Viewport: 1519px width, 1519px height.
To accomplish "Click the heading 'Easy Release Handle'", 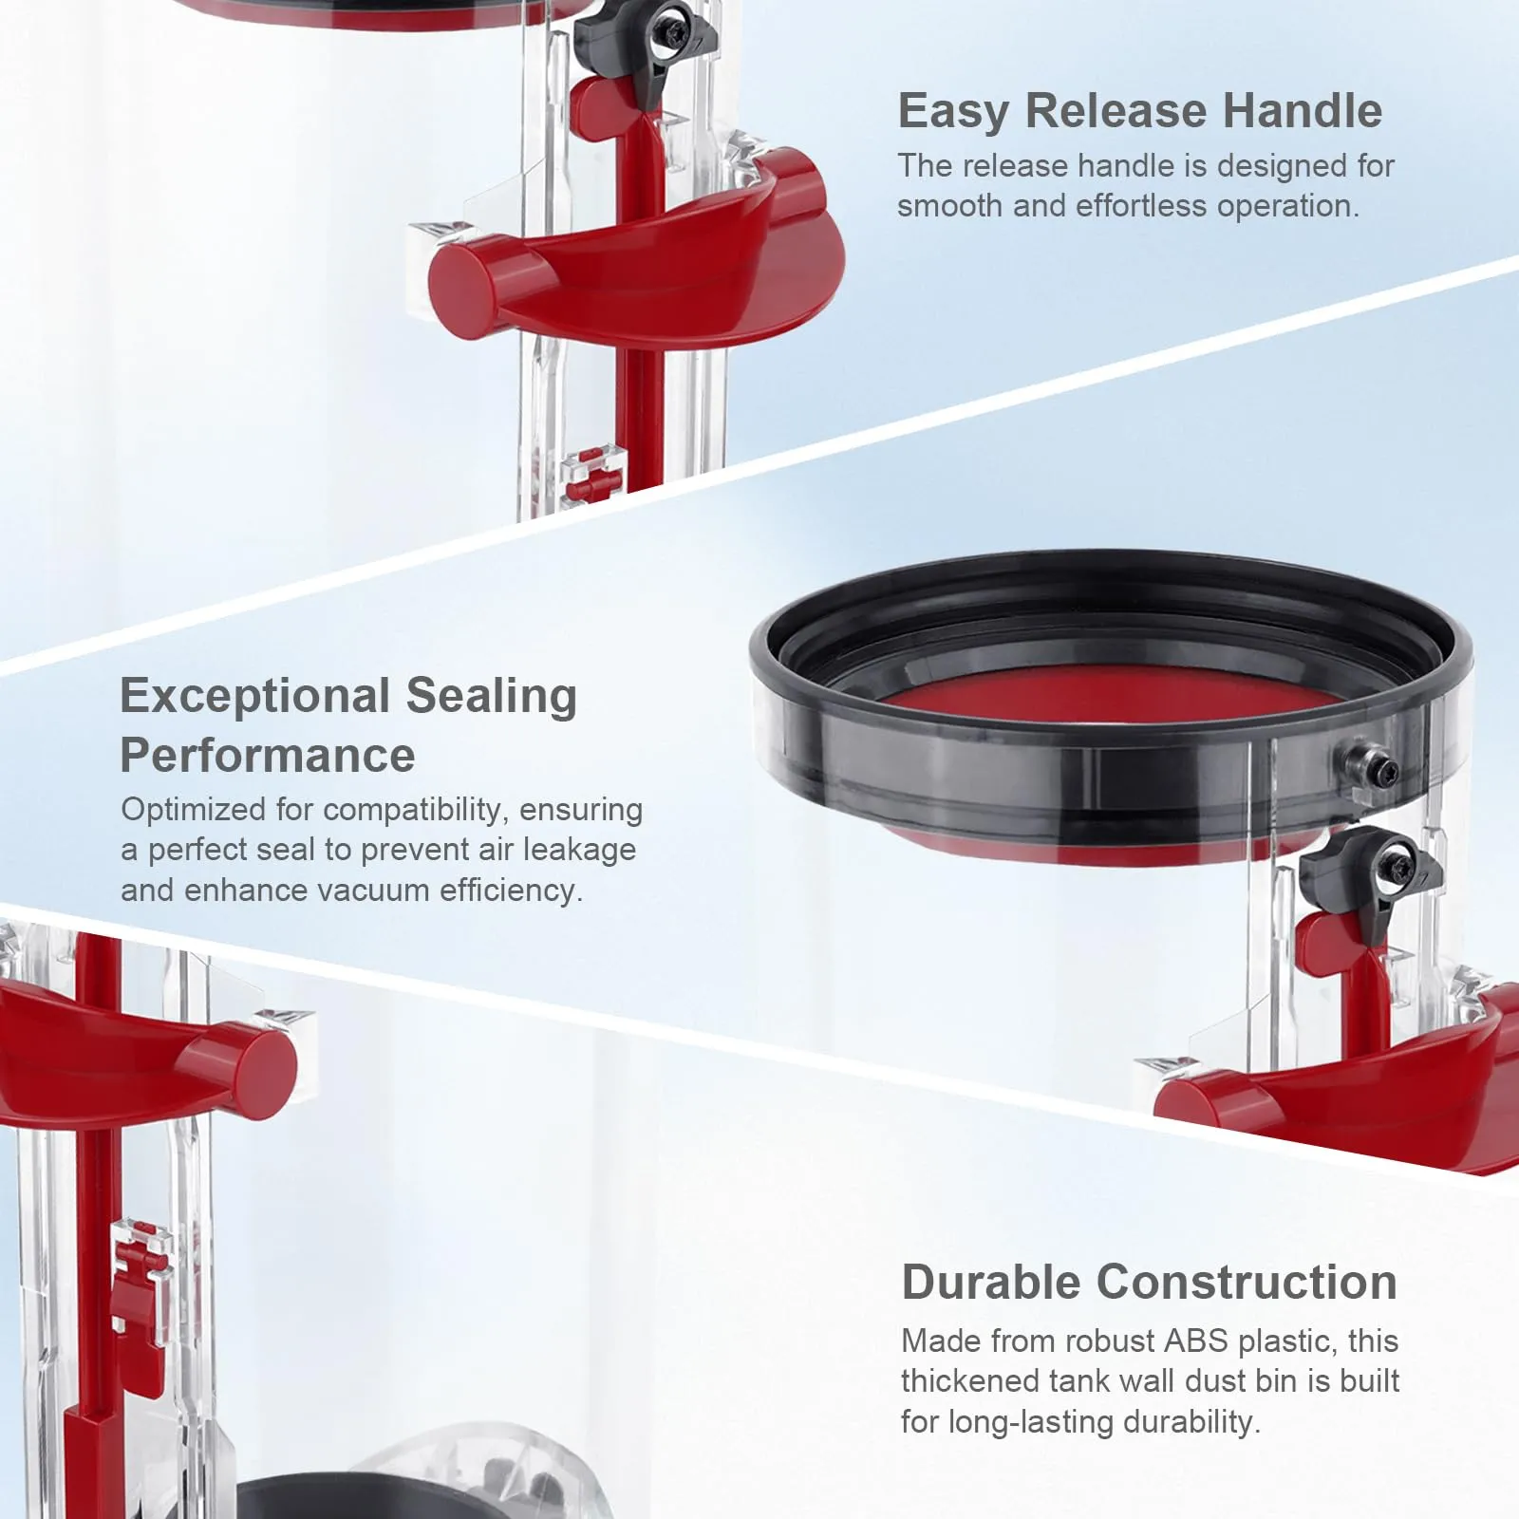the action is point(1139,111).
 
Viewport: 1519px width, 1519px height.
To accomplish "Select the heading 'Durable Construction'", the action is point(1149,1283).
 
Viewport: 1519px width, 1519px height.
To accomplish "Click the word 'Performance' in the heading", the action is point(268,757).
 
